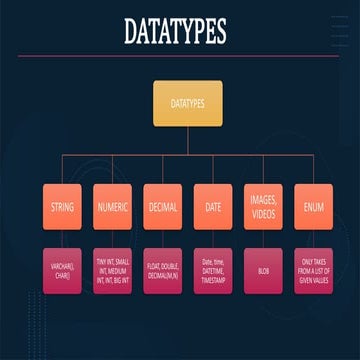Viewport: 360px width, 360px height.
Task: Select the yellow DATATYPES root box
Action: [187, 103]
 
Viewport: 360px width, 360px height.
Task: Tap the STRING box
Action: [63, 209]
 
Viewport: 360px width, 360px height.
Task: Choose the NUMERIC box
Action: [112, 209]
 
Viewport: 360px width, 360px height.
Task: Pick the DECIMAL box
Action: [162, 209]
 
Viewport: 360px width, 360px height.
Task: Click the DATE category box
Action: [213, 209]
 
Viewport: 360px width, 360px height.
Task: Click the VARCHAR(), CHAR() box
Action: [63, 270]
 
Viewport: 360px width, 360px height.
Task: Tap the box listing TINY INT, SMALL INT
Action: [112, 270]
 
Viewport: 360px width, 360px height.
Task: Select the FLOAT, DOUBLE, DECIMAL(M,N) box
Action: [162, 270]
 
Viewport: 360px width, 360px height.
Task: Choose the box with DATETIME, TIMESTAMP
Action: [213, 270]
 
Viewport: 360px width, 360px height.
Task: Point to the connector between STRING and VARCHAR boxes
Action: [63, 240]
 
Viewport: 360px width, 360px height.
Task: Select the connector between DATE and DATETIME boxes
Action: [213, 240]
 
